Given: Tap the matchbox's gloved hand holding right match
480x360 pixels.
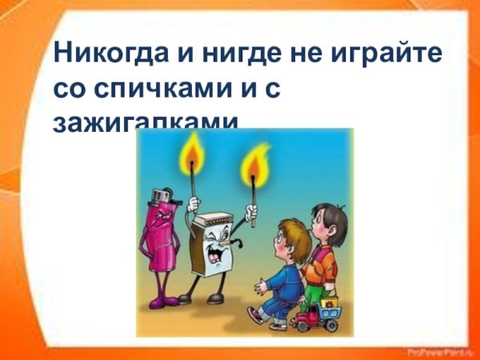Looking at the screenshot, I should [x=250, y=213].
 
